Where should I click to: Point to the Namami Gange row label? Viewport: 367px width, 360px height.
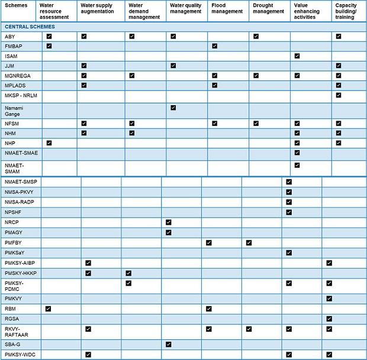pyautogui.click(x=14, y=110)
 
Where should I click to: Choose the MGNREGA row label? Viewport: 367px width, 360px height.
pyautogui.click(x=17, y=76)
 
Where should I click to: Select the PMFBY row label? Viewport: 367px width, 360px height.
pyautogui.click(x=13, y=243)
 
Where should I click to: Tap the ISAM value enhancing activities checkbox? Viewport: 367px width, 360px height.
pyautogui.click(x=297, y=56)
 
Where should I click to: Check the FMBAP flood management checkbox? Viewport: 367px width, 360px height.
pyautogui.click(x=214, y=46)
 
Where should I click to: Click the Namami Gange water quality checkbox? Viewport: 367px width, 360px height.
pyautogui.click(x=173, y=107)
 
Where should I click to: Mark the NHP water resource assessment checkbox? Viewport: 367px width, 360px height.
pyautogui.click(x=49, y=143)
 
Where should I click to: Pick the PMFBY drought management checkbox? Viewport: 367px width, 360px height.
pyautogui.click(x=249, y=242)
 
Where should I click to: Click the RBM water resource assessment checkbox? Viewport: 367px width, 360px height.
pyautogui.click(x=48, y=309)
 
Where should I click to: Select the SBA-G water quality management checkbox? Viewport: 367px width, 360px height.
pyautogui.click(x=169, y=344)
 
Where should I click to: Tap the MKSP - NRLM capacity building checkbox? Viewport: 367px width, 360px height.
pyautogui.click(x=338, y=95)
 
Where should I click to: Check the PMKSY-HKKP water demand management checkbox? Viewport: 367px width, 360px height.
pyautogui.click(x=128, y=273)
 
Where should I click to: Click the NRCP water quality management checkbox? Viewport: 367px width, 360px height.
pyautogui.click(x=169, y=222)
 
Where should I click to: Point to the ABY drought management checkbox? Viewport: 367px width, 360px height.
pyautogui.click(x=256, y=36)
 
